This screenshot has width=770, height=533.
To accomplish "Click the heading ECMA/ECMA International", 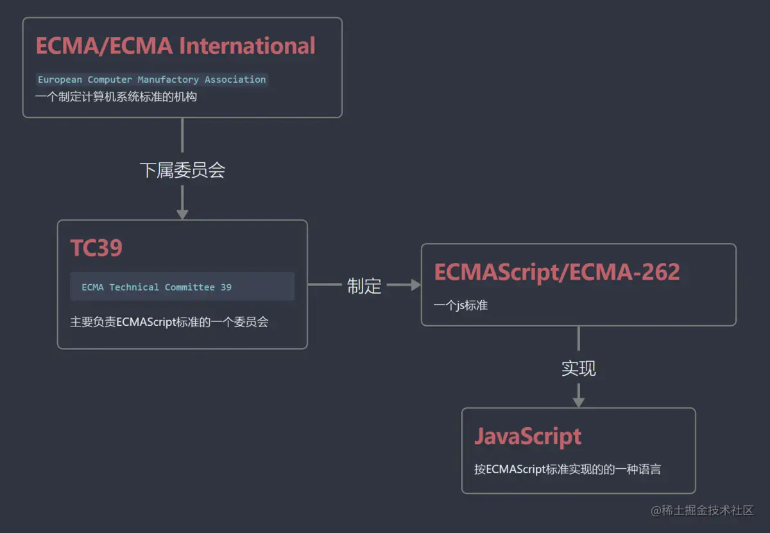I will pyautogui.click(x=175, y=46).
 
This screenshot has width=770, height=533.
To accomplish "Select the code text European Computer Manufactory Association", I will pyautogui.click(x=151, y=80).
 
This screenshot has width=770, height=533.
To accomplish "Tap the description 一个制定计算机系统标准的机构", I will pyautogui.click(x=116, y=97).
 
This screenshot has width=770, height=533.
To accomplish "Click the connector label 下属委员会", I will pyautogui.click(x=182, y=170).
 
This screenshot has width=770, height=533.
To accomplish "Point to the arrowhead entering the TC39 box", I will pyautogui.click(x=182, y=214).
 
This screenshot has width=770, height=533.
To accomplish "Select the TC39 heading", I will pyautogui.click(x=96, y=248).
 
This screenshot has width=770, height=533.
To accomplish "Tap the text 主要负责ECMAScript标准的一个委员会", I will pyautogui.click(x=169, y=322).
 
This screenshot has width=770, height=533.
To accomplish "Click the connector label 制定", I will pyautogui.click(x=364, y=286).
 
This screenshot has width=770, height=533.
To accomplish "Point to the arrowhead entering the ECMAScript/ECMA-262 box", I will pyautogui.click(x=415, y=285).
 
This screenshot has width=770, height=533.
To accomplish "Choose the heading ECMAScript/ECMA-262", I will pyautogui.click(x=556, y=272).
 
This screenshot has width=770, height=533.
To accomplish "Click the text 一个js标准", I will pyautogui.click(x=461, y=305).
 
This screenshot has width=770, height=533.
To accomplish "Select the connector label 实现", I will pyautogui.click(x=579, y=368).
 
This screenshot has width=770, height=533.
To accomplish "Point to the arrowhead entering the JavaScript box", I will pyautogui.click(x=579, y=402).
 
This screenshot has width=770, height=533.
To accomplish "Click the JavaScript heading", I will pyautogui.click(x=527, y=436).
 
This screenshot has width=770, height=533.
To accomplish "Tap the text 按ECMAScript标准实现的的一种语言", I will pyautogui.click(x=567, y=470).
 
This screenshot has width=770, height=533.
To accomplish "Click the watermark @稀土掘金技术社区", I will pyautogui.click(x=703, y=511).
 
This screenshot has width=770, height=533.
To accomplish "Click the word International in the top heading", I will pyautogui.click(x=247, y=46).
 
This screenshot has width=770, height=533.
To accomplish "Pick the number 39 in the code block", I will pyautogui.click(x=226, y=287).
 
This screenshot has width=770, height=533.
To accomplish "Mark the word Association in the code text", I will pyautogui.click(x=235, y=80).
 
